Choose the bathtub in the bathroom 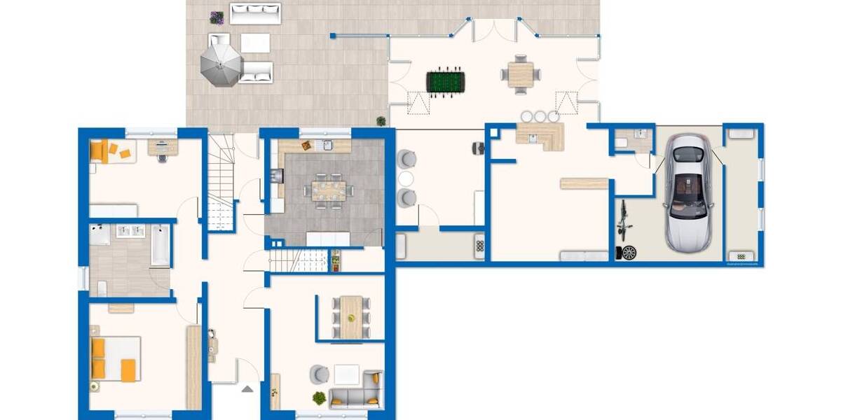point(160,244)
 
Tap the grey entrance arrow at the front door point(247,388)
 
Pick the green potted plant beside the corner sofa point(320,398)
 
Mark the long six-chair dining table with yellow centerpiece point(350,316)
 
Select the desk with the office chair point(163,147)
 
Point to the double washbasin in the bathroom point(130,232)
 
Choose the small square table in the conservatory point(521,73)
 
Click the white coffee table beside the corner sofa point(346,374)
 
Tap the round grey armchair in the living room point(320,374)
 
